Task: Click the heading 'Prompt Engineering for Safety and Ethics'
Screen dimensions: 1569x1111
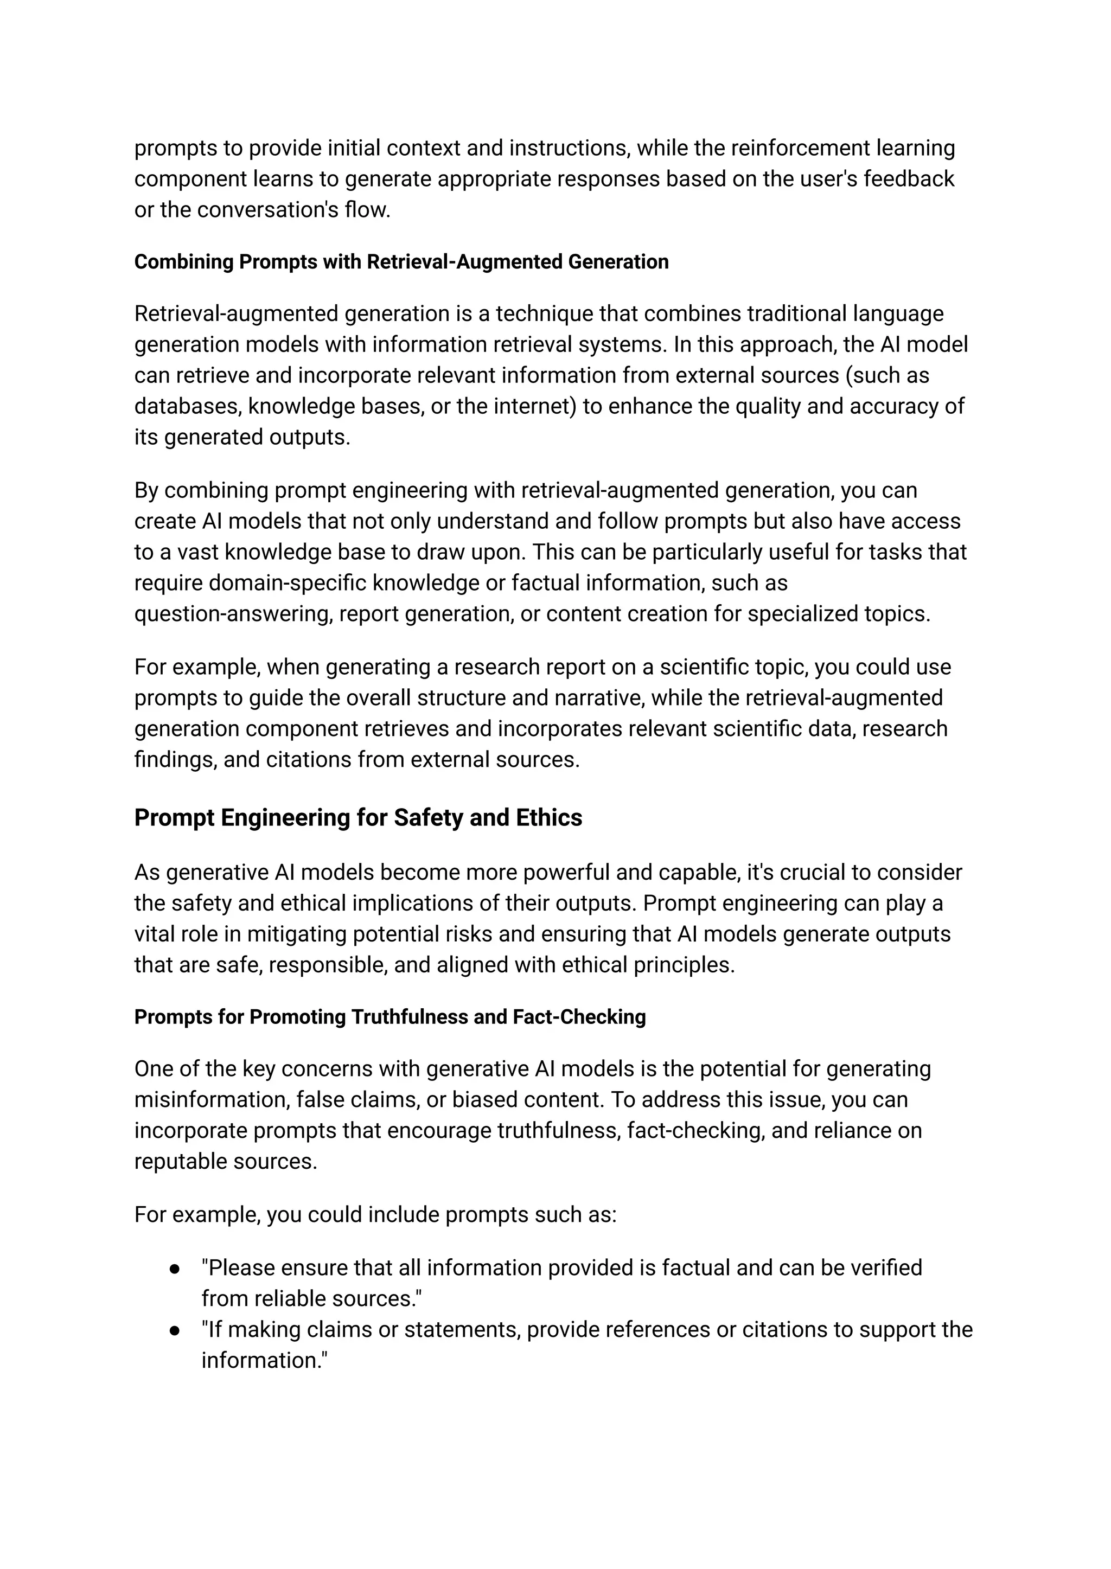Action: [x=358, y=817]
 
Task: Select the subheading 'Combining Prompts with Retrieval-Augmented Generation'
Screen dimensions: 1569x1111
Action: [x=401, y=262]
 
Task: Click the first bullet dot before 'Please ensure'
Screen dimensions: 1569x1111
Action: [x=175, y=1269]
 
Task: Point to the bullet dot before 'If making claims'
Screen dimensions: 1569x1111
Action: [x=175, y=1330]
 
